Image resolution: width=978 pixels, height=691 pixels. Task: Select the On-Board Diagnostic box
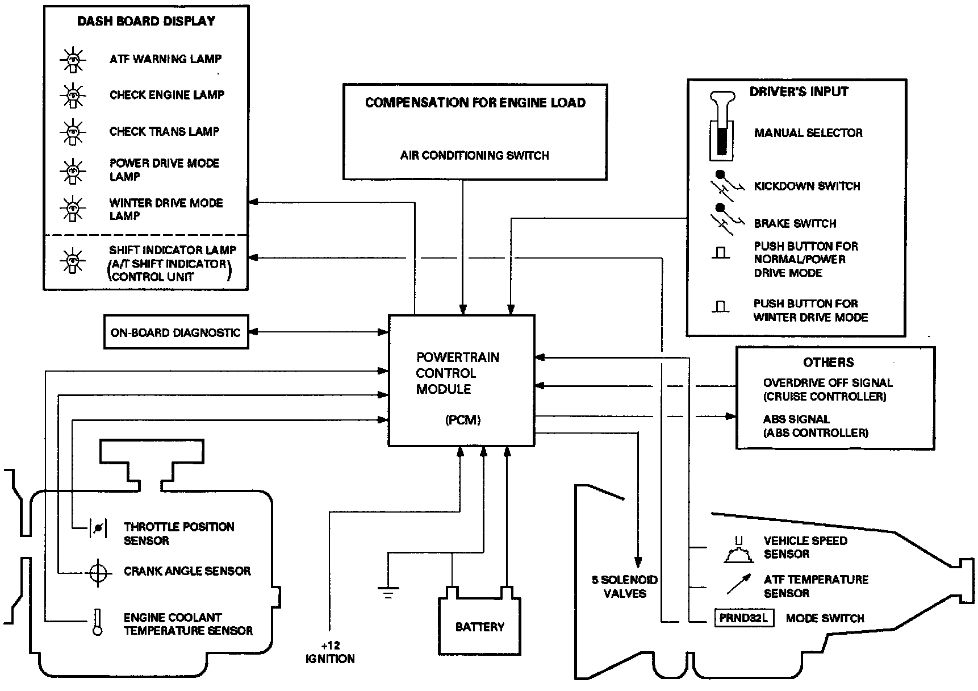176,332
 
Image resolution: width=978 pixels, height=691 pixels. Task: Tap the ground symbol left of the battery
388,592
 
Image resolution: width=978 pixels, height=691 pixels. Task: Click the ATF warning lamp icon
73,59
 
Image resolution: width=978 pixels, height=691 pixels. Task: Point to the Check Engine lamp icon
73,95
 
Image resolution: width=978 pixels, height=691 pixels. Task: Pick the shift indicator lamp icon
73,261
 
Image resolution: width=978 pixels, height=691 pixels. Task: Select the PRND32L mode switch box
743,618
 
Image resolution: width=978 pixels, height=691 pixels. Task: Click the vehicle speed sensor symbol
739,550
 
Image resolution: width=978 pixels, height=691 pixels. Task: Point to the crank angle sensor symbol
98,572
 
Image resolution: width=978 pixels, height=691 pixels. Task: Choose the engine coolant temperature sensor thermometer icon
98,622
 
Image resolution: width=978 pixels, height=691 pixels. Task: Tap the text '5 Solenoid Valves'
625,586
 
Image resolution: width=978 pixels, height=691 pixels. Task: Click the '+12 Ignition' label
330,652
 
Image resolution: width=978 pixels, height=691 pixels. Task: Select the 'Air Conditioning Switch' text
474,155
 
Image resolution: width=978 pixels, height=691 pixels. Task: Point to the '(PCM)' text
463,421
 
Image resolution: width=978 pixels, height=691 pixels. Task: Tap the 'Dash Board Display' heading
146,21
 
